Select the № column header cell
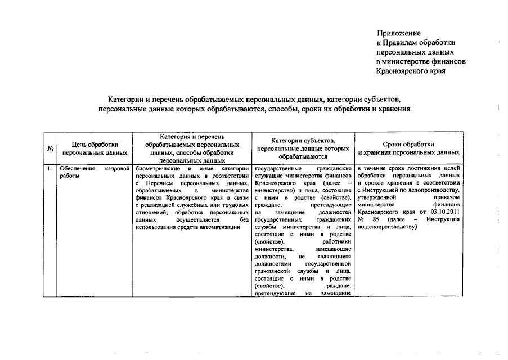point(50,148)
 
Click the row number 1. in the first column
point(49,168)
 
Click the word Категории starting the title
point(128,99)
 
